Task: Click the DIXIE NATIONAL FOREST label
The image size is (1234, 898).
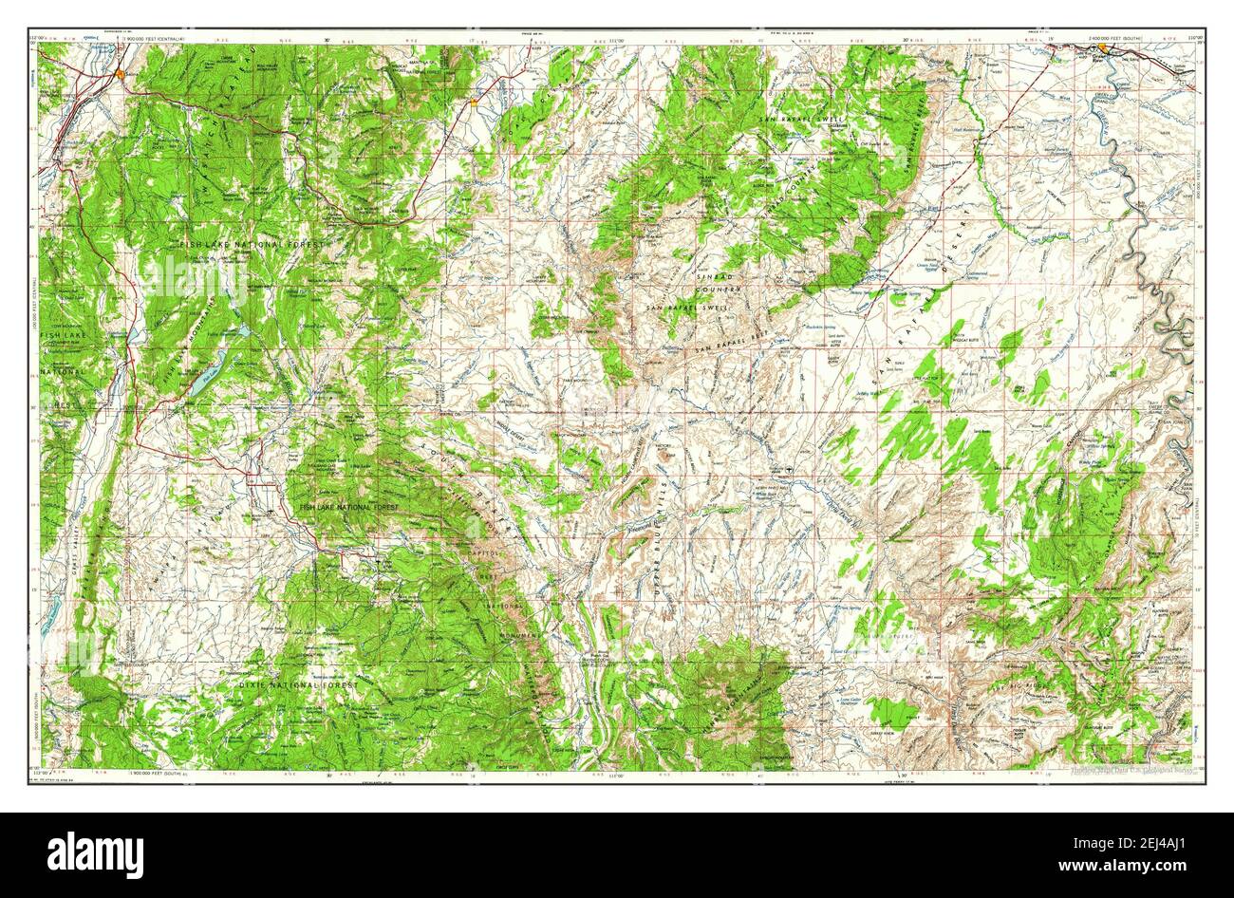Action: (299, 684)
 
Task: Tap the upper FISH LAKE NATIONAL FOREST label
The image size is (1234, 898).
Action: (252, 245)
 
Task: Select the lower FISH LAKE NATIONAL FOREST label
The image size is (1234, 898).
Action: (348, 509)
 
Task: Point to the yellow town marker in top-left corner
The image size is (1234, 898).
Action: (120, 74)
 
